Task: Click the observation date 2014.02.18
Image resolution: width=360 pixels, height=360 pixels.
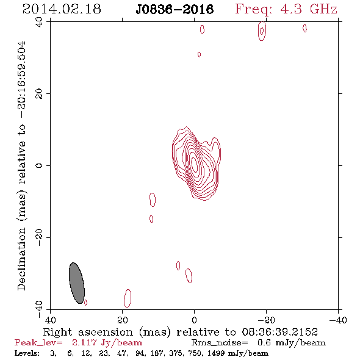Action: pyautogui.click(x=62, y=9)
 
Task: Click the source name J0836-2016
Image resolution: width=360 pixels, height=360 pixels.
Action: pyautogui.click(x=175, y=9)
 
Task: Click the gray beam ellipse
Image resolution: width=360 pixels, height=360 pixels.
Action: pyautogui.click(x=77, y=283)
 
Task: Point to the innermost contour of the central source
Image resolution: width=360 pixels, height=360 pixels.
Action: pyautogui.click(x=195, y=164)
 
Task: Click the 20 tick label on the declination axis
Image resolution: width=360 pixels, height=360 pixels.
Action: pyautogui.click(x=39, y=94)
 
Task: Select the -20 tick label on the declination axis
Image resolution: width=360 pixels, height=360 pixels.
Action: pyautogui.click(x=39, y=237)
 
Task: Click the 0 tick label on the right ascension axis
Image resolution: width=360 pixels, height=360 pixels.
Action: pyautogui.click(x=194, y=320)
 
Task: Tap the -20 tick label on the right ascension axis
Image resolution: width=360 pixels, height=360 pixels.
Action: pyautogui.click(x=266, y=320)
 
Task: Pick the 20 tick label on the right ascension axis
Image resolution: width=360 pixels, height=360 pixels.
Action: pyautogui.click(x=123, y=320)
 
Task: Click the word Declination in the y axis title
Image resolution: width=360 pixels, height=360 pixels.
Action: pyautogui.click(x=21, y=259)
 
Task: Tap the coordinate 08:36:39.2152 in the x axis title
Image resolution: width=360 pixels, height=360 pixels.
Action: pyautogui.click(x=279, y=332)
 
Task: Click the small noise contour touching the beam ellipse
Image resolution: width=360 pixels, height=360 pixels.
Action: pyautogui.click(x=85, y=303)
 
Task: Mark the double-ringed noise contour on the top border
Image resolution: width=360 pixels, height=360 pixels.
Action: pyautogui.click(x=262, y=31)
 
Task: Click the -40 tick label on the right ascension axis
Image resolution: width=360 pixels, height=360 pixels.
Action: pyautogui.click(x=338, y=320)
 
